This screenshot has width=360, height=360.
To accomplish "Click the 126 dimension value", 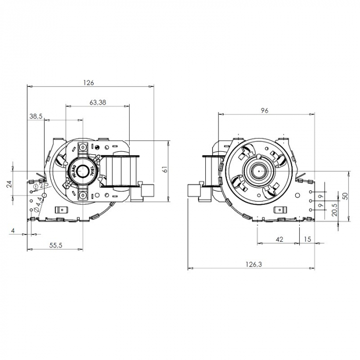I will (90, 82).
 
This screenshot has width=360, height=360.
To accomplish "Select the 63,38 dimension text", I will (98, 102).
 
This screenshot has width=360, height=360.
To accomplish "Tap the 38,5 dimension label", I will (35, 117).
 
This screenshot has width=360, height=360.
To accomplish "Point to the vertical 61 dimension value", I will (165, 169).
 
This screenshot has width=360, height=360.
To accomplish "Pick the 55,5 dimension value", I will (56, 245).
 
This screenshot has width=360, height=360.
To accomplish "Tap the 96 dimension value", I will (265, 110).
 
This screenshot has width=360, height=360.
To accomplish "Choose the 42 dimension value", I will (279, 239).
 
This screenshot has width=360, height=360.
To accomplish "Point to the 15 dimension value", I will (308, 239).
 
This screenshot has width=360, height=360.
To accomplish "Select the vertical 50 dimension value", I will (345, 196).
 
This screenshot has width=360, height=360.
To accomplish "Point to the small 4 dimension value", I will (12, 231).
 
